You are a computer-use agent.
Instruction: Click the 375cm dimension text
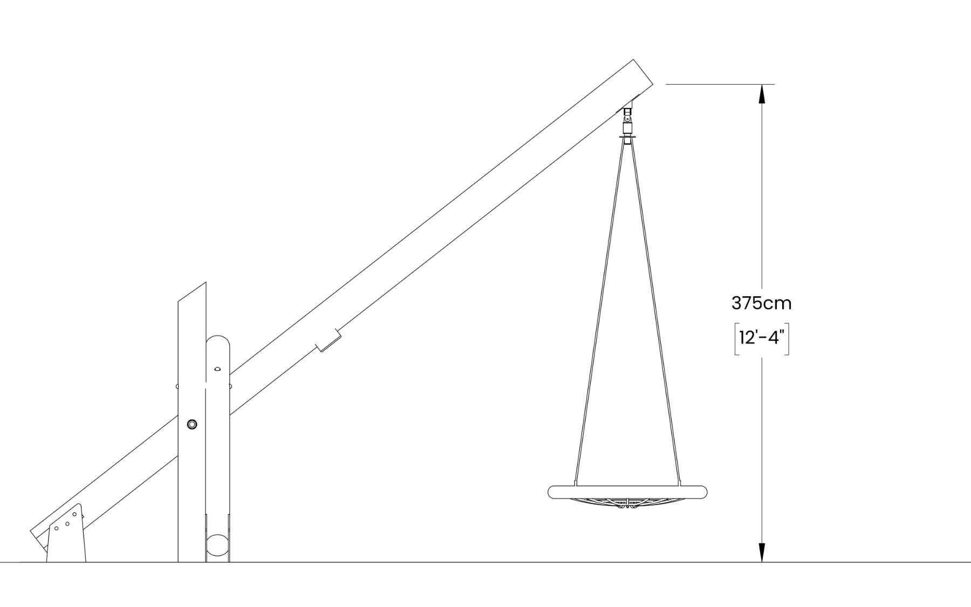761,303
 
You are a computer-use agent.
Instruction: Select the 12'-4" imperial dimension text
761,338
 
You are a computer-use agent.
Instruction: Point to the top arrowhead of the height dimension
762,94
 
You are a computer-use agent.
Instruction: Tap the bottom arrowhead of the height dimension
762,552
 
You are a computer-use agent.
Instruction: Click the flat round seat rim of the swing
627,492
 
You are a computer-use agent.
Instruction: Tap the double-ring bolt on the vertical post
192,424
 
